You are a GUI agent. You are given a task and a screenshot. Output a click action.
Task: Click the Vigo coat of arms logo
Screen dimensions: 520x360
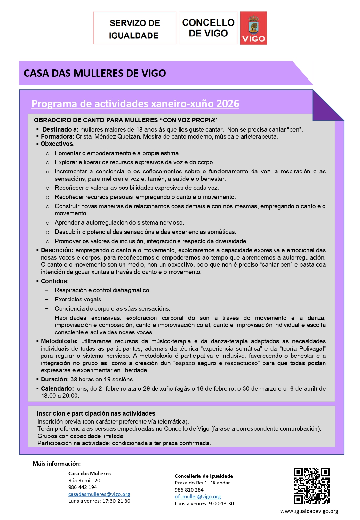[x=253, y=28]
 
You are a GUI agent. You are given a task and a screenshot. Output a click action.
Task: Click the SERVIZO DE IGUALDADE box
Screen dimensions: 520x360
[x=134, y=28]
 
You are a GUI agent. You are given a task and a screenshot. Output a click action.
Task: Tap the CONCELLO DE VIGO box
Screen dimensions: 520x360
[x=208, y=28]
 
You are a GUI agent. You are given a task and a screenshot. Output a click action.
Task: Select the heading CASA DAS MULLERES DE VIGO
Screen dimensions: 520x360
[x=95, y=73]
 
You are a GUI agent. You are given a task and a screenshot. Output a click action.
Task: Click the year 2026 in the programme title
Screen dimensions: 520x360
[x=228, y=104]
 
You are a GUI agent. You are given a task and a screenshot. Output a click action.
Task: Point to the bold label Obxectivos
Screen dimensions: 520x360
[x=57, y=144]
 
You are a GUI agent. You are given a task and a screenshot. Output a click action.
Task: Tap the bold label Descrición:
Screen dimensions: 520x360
[x=57, y=250]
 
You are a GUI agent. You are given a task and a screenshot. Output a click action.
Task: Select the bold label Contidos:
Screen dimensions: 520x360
[x=55, y=281]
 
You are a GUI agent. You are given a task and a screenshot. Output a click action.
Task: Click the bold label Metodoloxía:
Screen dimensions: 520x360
[x=59, y=341]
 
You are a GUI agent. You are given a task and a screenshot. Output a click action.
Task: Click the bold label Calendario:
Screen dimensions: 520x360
[x=57, y=389]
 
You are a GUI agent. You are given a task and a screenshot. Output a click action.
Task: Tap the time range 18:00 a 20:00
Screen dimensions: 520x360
[x=60, y=396]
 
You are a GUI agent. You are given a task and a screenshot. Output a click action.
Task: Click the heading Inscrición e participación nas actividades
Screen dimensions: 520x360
[x=96, y=414]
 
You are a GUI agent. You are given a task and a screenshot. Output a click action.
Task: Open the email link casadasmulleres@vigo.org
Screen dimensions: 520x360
[x=99, y=494]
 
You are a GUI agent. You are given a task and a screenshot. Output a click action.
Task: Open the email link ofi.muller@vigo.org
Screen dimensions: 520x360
[x=198, y=497]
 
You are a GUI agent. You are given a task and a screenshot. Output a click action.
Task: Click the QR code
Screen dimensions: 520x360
[x=312, y=485]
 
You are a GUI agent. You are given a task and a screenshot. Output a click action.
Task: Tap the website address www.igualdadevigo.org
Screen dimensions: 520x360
[x=309, y=511]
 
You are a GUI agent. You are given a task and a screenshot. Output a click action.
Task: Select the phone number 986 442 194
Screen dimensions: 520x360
[x=83, y=487]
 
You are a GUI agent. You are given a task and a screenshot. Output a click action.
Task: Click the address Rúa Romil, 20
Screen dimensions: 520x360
[x=84, y=481]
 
